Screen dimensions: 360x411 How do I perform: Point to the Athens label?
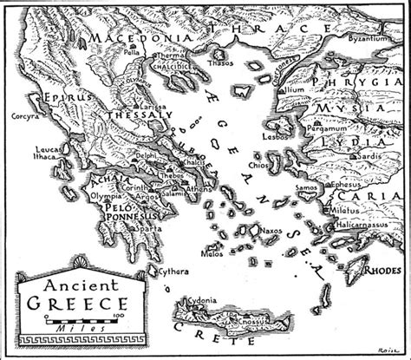pos(198,187)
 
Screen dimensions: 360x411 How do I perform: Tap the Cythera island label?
pos(173,272)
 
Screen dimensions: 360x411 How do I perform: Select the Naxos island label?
pos(272,232)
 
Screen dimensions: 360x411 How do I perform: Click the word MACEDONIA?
pos(134,40)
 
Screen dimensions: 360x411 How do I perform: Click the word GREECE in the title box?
pos(77,304)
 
